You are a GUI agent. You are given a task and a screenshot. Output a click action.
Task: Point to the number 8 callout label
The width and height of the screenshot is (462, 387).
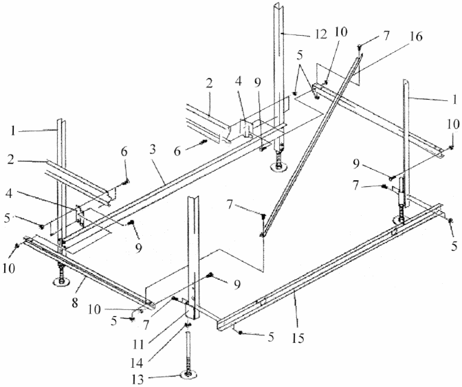coord(75,302)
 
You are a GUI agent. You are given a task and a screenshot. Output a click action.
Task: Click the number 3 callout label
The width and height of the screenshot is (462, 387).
coord(153,150)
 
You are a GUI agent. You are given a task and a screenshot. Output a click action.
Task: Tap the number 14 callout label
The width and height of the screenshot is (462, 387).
coord(137,363)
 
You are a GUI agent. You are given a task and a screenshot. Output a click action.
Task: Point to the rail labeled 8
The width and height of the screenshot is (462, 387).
coord(89,272)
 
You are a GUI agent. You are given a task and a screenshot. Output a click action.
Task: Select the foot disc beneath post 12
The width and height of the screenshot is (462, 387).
coord(278,167)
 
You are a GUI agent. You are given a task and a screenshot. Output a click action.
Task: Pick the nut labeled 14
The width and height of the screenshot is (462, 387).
coord(188,325)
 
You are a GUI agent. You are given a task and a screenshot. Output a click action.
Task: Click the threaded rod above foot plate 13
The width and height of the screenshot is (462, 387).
coord(188,351)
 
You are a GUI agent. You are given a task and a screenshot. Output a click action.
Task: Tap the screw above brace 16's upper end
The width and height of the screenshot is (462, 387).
coord(360,47)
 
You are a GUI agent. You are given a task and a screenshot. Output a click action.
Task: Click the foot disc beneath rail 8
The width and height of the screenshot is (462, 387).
coord(61,282)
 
